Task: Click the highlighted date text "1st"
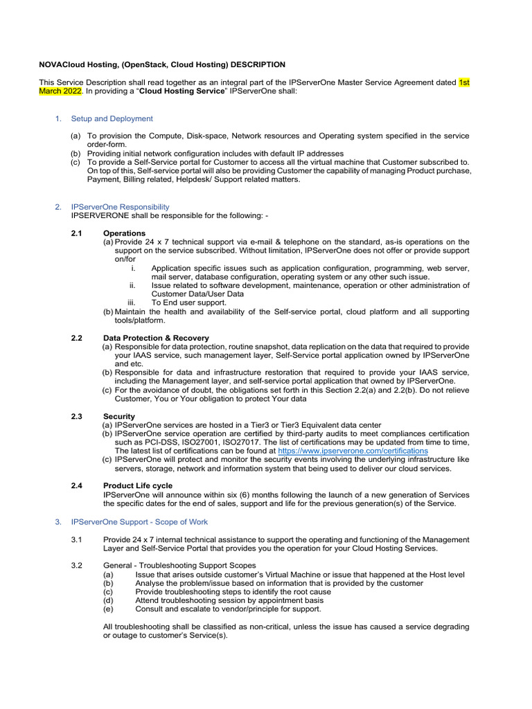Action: pos(464,82)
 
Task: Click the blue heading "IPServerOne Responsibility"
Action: pos(120,206)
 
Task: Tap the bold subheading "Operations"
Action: pos(124,233)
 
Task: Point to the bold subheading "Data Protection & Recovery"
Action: pos(156,338)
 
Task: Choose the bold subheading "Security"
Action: pos(119,416)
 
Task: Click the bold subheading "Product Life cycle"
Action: pos(138,485)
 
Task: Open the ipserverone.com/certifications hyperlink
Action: pos(348,451)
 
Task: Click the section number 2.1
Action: pos(76,233)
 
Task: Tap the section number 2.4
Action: pos(76,485)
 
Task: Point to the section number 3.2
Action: pos(76,566)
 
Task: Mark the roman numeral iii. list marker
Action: pos(133,302)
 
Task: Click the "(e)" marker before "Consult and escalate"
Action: pos(107,609)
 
